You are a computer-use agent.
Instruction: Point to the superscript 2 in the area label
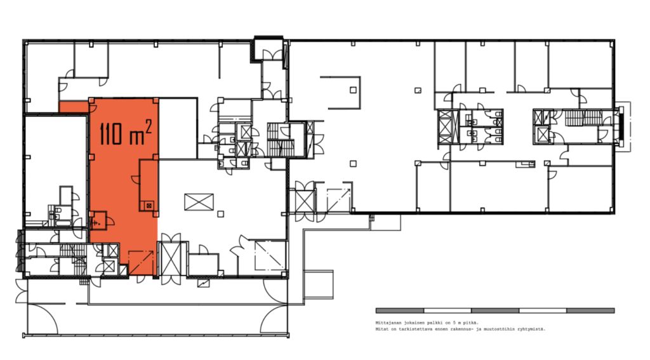tap(148, 126)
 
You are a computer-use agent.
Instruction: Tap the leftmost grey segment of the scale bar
tap(400, 310)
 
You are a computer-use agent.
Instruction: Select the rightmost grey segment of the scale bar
tap(590, 310)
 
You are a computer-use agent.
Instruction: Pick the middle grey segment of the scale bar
tap(495, 310)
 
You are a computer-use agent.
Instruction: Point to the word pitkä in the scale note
tap(471, 323)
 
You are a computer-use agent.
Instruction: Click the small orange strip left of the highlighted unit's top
tap(74, 107)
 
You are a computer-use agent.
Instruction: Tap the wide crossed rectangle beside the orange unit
tap(199, 202)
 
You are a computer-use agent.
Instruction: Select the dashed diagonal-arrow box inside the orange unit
tap(141, 262)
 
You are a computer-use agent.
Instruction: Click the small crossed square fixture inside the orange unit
tap(149, 204)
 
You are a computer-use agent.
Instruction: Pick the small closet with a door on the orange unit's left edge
tap(98, 220)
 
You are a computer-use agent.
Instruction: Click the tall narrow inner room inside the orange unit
tap(149, 186)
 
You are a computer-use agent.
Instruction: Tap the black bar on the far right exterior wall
tap(621, 126)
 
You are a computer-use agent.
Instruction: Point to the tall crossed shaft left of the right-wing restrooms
tap(445, 128)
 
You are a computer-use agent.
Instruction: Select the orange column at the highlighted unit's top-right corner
tap(156, 100)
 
